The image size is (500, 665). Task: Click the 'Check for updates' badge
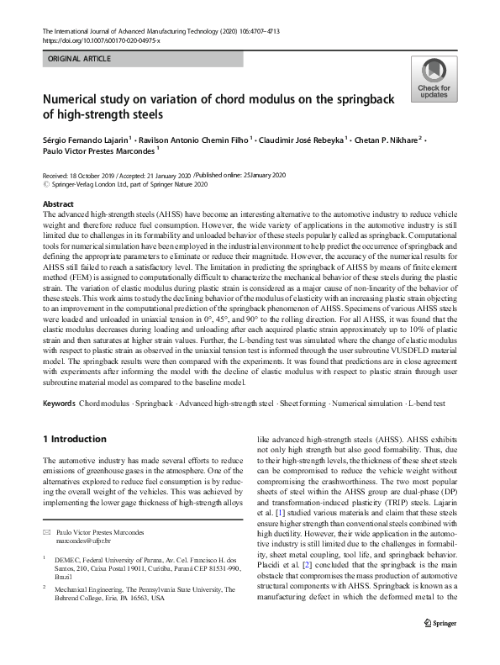point(434,81)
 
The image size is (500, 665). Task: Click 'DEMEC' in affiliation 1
point(68,557)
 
